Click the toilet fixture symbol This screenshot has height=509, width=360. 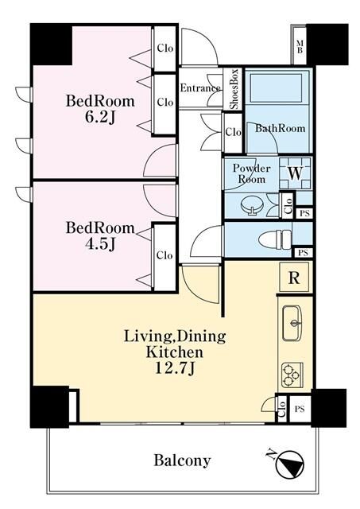pyautogui.click(x=275, y=240)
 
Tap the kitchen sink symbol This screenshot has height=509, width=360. pyautogui.click(x=292, y=323)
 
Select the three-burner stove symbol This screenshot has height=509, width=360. pyautogui.click(x=292, y=375)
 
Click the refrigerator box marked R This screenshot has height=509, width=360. pyautogui.click(x=294, y=278)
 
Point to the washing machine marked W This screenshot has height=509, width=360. pyautogui.click(x=295, y=173)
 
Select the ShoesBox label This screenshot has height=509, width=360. pyautogui.click(x=234, y=89)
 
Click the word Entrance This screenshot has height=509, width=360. pyautogui.click(x=200, y=87)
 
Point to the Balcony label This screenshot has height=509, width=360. pyautogui.click(x=182, y=460)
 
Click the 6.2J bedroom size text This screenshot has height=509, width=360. pyautogui.click(x=100, y=118)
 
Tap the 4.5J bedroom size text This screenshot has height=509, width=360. pyautogui.click(x=100, y=244)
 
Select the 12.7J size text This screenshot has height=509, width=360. pyautogui.click(x=175, y=367)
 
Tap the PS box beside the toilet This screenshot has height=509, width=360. pyautogui.click(x=303, y=253)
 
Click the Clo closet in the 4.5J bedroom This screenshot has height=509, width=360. pyautogui.click(x=165, y=255)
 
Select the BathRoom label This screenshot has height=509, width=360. pyautogui.click(x=280, y=128)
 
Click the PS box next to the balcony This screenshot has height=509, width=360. pyautogui.click(x=300, y=409)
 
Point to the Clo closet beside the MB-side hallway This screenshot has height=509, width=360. pyautogui.click(x=233, y=132)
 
